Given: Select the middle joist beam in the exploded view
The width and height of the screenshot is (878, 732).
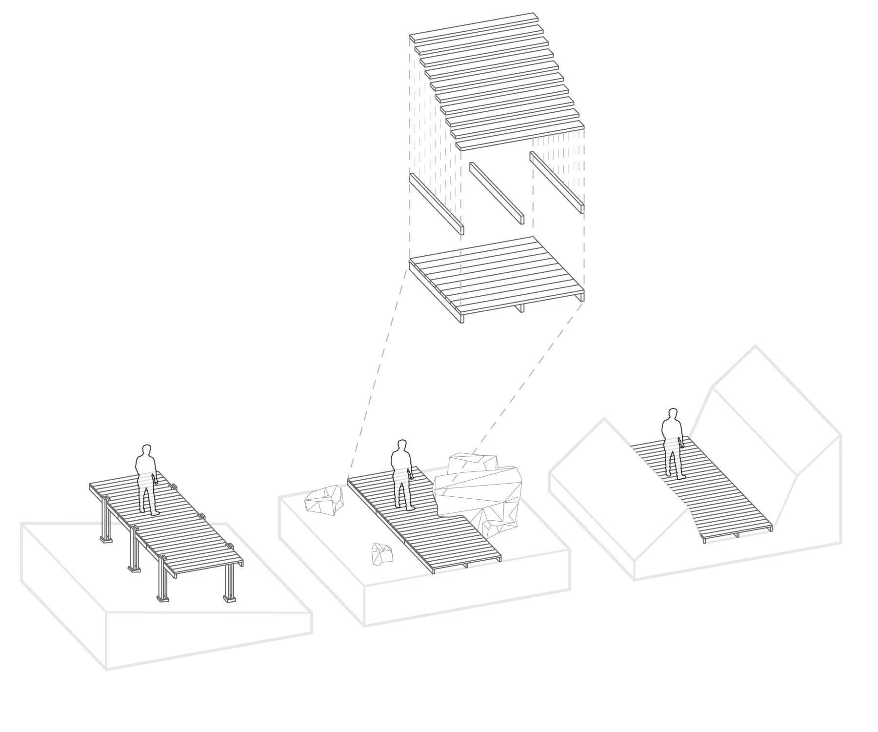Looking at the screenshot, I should (x=497, y=193).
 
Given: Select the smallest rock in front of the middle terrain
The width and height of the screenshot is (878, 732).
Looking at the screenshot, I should (x=382, y=553).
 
